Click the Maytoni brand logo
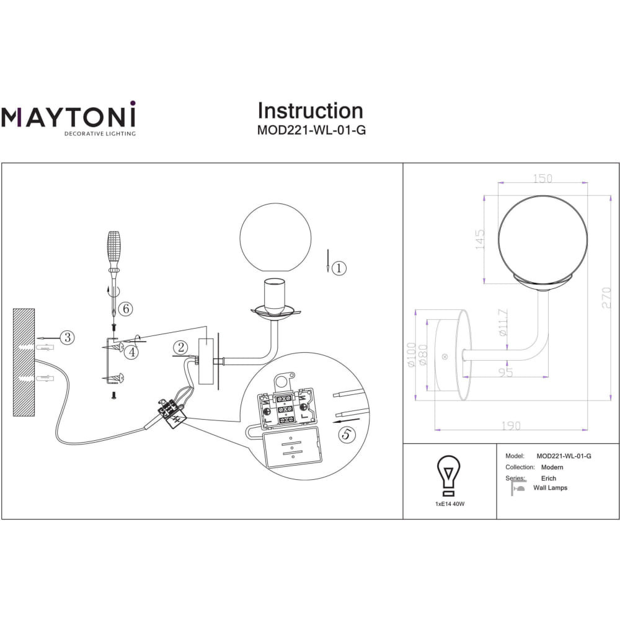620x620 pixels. click(x=68, y=118)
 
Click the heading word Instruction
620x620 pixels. click(x=311, y=111)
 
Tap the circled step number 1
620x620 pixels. click(x=339, y=268)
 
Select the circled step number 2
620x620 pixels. click(x=180, y=348)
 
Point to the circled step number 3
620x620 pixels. click(x=68, y=337)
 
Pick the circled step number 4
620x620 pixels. click(x=131, y=352)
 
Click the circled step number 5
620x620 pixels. click(x=347, y=434)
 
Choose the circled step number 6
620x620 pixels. click(x=126, y=308)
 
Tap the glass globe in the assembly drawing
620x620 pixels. click(x=275, y=237)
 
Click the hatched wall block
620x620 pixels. click(x=24, y=362)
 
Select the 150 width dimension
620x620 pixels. click(x=542, y=179)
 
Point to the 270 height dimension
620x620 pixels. click(x=606, y=298)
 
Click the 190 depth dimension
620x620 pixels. click(x=511, y=426)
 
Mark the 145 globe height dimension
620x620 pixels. click(x=479, y=239)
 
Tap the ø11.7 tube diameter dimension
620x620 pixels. click(x=503, y=322)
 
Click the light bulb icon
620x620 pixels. click(x=448, y=476)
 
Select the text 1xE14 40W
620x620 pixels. click(x=450, y=503)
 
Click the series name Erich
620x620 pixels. click(x=549, y=478)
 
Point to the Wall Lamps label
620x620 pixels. click(x=550, y=487)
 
